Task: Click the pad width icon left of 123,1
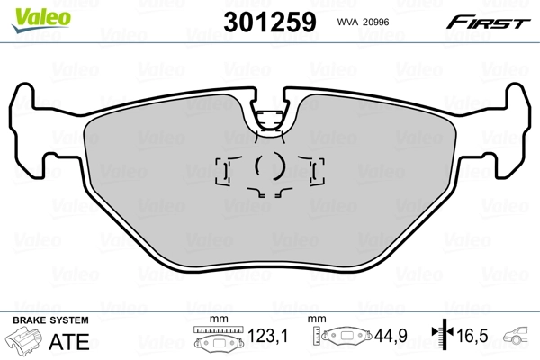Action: coord(216,340)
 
